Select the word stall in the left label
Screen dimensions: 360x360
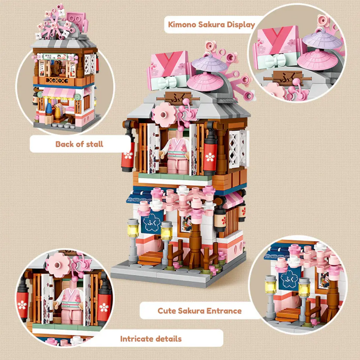pyautogui.click(x=95, y=144)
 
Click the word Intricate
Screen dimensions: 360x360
pyautogui.click(x=136, y=339)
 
